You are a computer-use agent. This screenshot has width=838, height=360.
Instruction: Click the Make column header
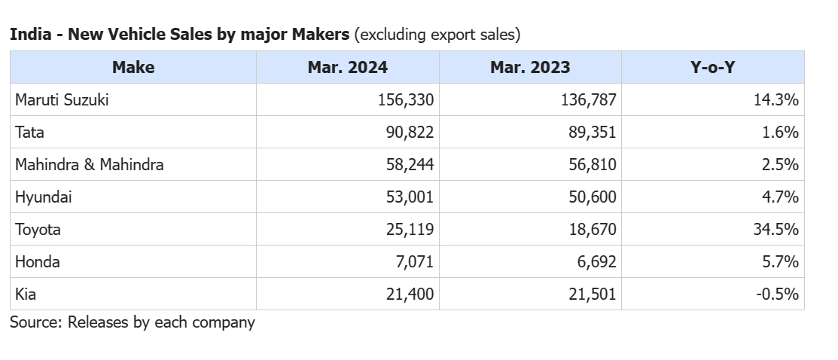tap(133, 67)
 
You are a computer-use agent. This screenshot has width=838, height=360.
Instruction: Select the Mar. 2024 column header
tap(347, 67)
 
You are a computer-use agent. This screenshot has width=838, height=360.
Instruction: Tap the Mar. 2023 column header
tap(530, 67)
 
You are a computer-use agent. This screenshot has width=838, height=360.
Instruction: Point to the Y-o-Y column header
tap(712, 67)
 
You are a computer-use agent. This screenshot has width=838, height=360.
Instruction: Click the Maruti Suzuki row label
tap(62, 99)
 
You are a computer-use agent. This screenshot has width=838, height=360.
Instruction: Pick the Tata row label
tap(29, 132)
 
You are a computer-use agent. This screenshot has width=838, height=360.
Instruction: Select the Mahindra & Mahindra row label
tap(89, 164)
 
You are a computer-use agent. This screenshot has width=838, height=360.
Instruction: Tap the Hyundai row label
tap(43, 197)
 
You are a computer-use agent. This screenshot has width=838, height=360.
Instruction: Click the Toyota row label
tap(38, 229)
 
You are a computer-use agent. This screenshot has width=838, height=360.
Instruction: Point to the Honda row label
tap(38, 261)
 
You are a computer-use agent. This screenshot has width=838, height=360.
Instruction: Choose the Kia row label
tap(25, 294)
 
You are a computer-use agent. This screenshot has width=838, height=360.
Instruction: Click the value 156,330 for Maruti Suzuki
tap(406, 99)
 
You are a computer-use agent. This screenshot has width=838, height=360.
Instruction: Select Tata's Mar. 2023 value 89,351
tap(593, 132)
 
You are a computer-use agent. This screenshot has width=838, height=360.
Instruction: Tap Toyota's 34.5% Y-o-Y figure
tap(776, 229)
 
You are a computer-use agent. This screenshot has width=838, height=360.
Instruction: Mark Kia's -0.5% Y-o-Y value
tap(777, 294)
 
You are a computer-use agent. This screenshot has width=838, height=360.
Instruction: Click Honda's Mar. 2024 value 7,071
tap(415, 261)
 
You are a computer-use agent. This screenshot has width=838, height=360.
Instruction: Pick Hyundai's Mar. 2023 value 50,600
tap(593, 197)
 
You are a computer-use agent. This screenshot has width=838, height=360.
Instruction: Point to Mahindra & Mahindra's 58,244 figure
tap(410, 164)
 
